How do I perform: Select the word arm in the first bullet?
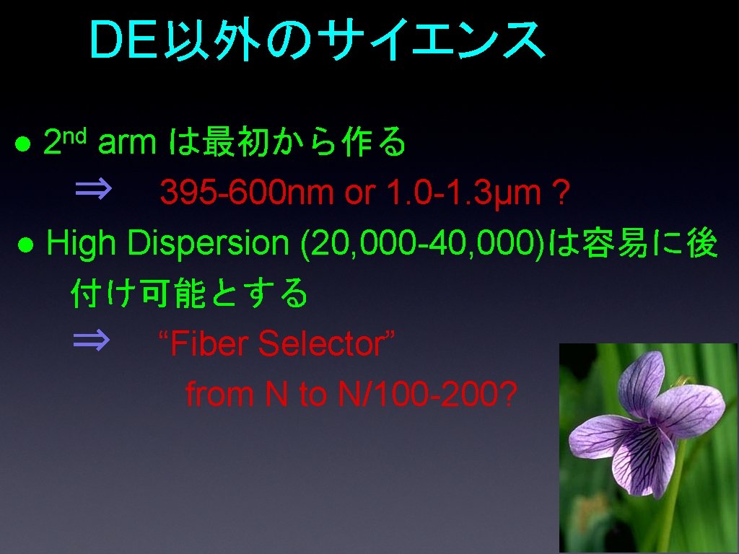(126, 144)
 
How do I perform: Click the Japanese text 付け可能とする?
(190, 294)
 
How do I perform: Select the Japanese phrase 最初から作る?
(304, 144)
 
